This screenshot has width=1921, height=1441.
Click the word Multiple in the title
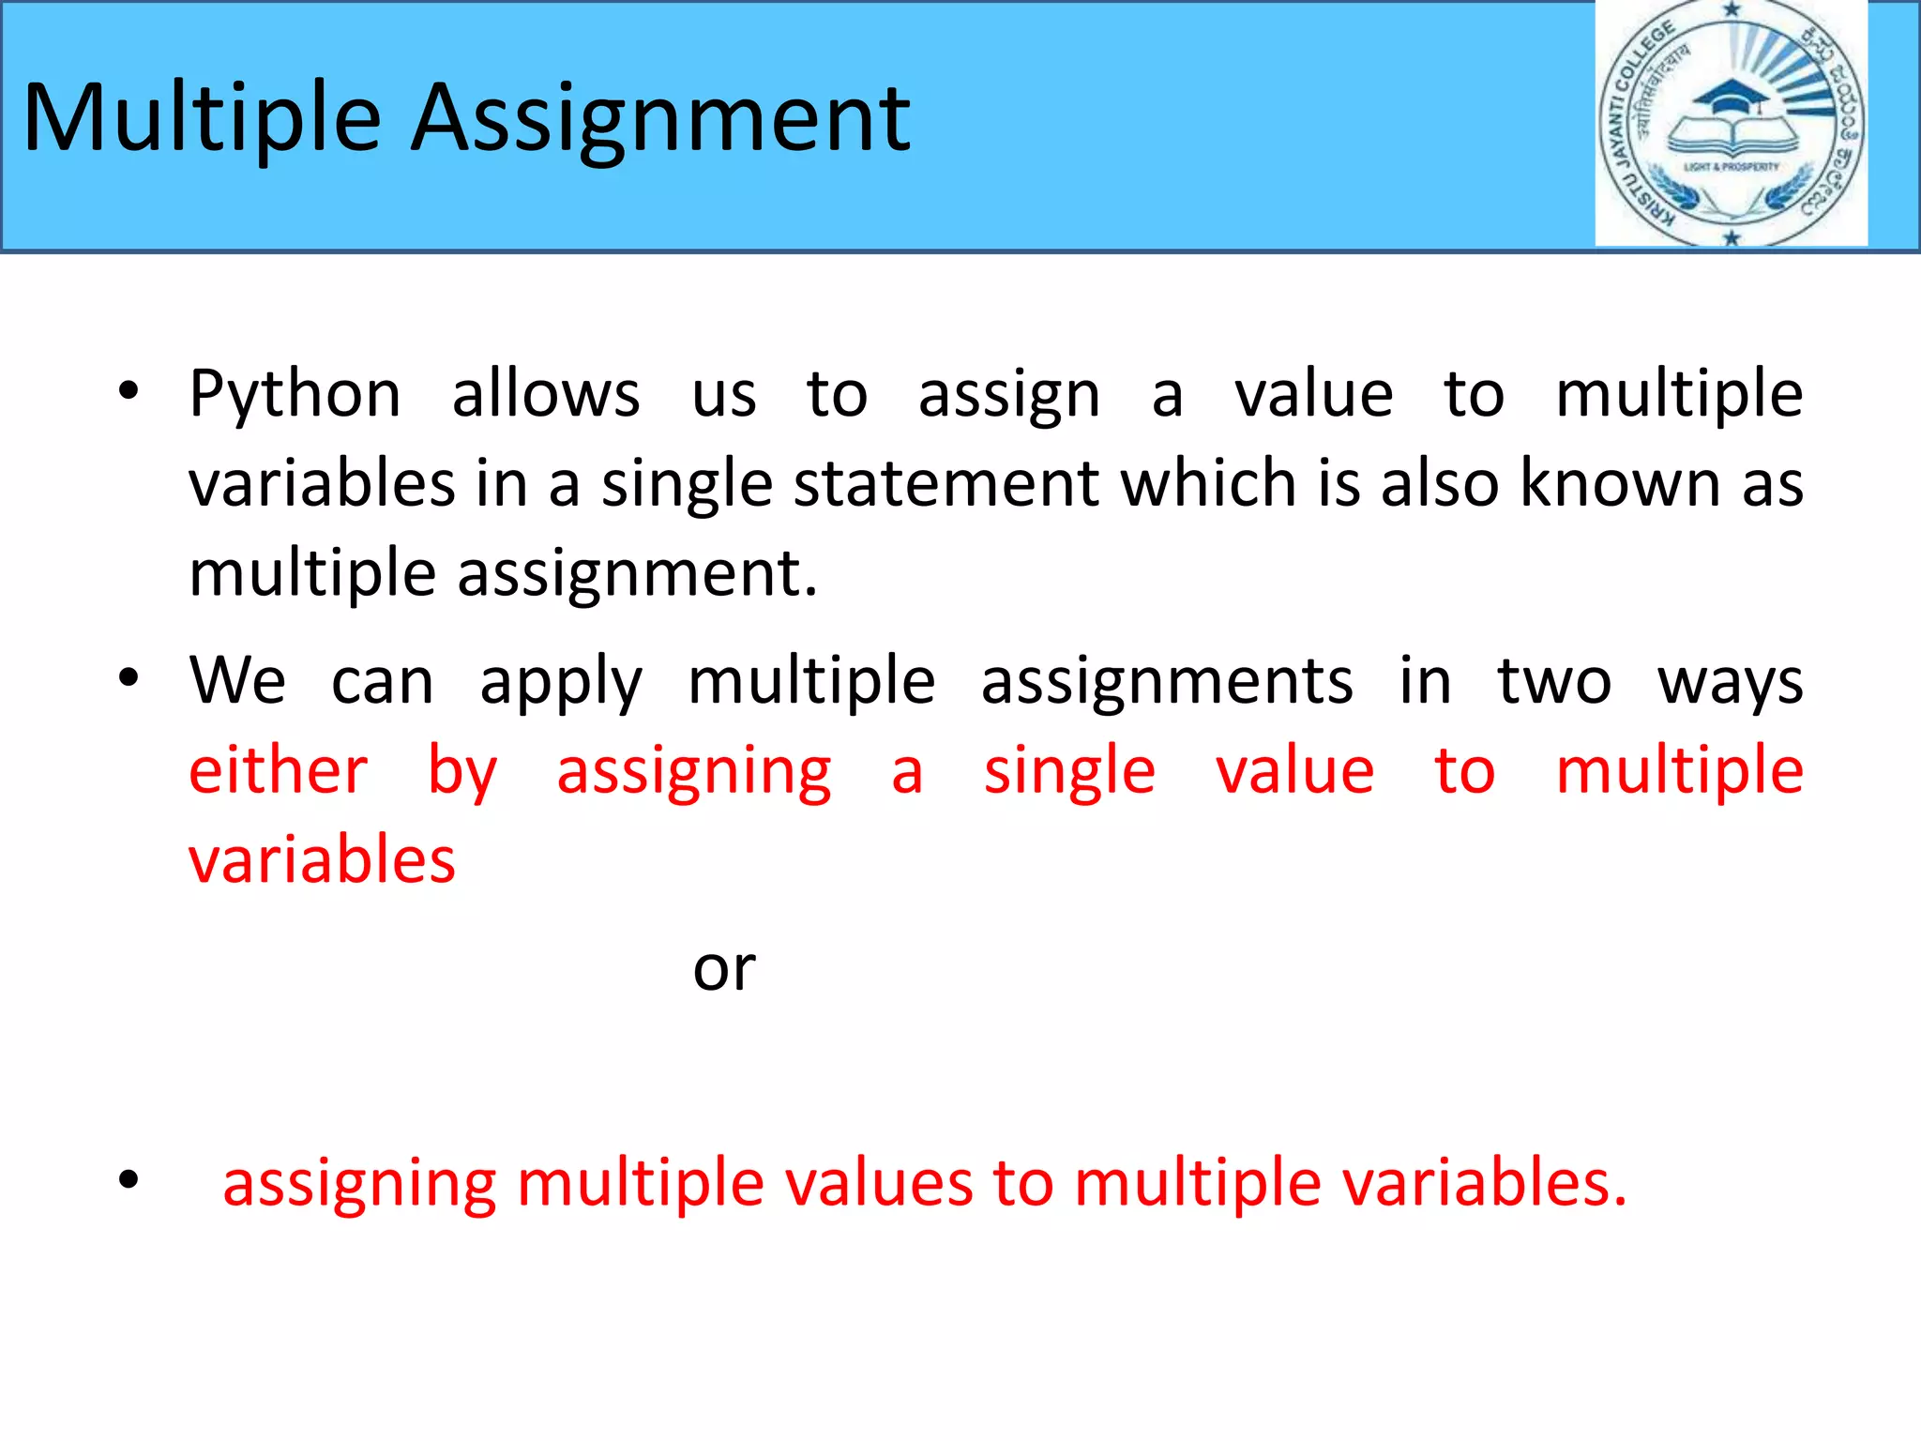point(202,118)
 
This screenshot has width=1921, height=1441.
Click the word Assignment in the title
point(661,118)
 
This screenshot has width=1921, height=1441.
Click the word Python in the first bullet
point(295,394)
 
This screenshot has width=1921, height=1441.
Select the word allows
point(546,394)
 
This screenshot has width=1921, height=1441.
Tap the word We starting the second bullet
point(237,680)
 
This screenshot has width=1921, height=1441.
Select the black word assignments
point(1167,682)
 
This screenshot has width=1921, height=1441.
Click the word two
point(1554,680)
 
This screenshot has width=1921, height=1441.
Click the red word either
point(278,771)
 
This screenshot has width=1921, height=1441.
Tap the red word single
point(1068,772)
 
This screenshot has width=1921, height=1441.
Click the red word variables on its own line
point(322,860)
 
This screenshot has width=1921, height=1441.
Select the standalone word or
point(723,970)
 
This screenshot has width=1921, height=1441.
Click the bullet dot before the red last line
point(129,1180)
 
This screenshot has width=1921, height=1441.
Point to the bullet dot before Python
point(129,391)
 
